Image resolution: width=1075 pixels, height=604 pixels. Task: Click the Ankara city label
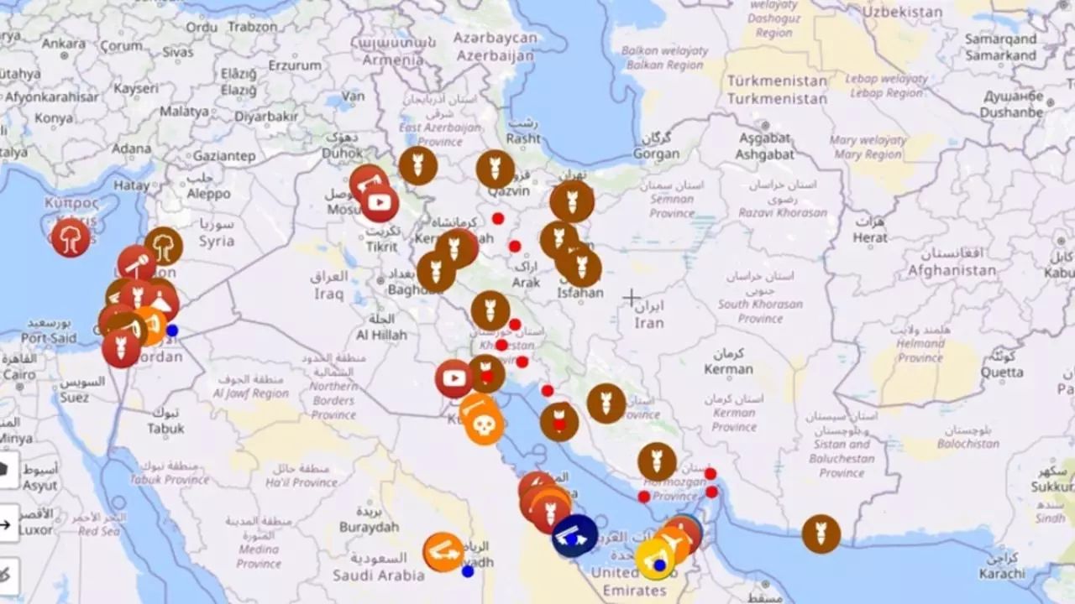[x=64, y=43]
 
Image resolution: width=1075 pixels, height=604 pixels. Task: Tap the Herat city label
[x=870, y=237]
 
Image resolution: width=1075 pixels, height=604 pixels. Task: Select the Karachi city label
[x=1002, y=574]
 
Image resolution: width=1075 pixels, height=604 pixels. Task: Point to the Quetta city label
[x=1002, y=372]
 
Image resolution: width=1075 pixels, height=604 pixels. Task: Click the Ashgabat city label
[x=763, y=154]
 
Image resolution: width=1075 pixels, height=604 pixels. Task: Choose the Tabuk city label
[x=165, y=428]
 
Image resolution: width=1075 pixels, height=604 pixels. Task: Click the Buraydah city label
[x=369, y=527]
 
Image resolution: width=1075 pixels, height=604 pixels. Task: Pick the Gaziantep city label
[x=224, y=155]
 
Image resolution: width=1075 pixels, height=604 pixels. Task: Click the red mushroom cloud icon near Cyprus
[x=71, y=237]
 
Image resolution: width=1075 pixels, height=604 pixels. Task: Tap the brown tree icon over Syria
[x=164, y=246]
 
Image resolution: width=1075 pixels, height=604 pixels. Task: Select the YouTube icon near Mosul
[x=380, y=202]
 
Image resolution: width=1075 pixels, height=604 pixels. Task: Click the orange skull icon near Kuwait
[x=484, y=425]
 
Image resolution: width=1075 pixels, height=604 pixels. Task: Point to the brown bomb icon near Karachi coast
[x=821, y=534]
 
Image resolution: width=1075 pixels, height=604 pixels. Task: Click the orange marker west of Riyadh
[x=443, y=552]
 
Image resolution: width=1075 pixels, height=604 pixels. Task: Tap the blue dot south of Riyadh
[x=468, y=571]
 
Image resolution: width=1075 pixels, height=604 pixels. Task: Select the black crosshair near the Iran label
[x=632, y=297]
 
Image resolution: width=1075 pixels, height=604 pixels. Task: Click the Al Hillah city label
[x=381, y=335]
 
